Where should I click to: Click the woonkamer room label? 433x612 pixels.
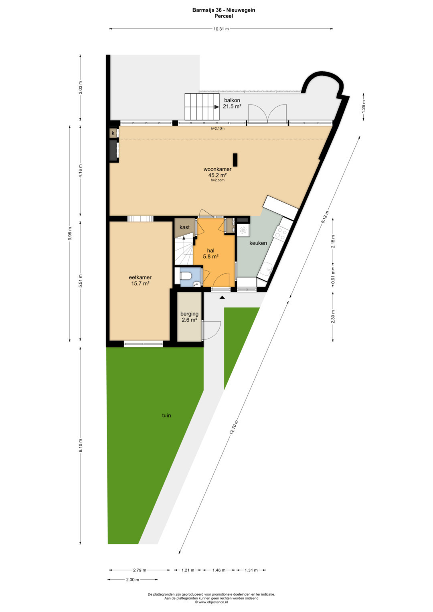[x=217, y=170]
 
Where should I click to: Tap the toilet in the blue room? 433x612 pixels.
[x=185, y=276]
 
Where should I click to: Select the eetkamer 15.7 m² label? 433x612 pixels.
[x=140, y=280]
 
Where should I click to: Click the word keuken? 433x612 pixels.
[x=258, y=243]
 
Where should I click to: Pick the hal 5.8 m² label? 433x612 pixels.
[x=211, y=254]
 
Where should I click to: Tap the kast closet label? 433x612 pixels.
[x=184, y=227]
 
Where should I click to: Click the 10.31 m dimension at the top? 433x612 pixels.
[x=221, y=29]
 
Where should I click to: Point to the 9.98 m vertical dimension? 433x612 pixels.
[x=70, y=234]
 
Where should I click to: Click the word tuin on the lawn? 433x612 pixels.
[x=166, y=415]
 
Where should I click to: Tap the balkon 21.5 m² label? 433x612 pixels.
[x=232, y=103]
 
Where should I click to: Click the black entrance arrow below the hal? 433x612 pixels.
[x=222, y=297]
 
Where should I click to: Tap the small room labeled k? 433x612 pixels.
[x=113, y=133]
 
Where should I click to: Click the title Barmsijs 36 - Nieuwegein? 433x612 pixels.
[x=224, y=10]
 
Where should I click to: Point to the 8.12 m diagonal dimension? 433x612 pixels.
[x=325, y=218]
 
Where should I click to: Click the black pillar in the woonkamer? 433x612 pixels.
[x=235, y=160]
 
